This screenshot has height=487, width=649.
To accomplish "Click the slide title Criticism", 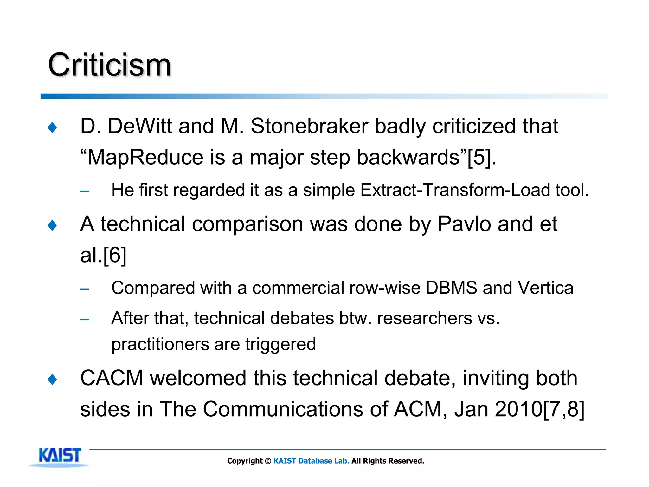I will [x=109, y=65].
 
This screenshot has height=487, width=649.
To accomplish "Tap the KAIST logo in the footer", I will [x=60, y=456].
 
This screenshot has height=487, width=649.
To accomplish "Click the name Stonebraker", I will [x=309, y=126].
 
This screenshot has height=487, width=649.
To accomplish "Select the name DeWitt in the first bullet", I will [x=140, y=126].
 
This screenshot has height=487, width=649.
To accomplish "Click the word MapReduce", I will [x=145, y=157].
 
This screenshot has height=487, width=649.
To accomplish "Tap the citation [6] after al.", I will [x=115, y=255].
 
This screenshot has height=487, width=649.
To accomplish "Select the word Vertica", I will [x=545, y=288].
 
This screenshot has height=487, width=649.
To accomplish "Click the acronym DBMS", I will [x=451, y=288].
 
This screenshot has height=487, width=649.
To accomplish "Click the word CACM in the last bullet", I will [x=112, y=378].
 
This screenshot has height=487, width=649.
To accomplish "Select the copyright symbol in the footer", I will [x=268, y=461].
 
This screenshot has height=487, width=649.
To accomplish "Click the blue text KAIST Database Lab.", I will [x=311, y=461].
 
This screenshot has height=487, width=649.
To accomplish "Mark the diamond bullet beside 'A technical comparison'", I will [x=52, y=225].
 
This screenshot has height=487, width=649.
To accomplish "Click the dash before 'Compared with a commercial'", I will [x=85, y=289].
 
